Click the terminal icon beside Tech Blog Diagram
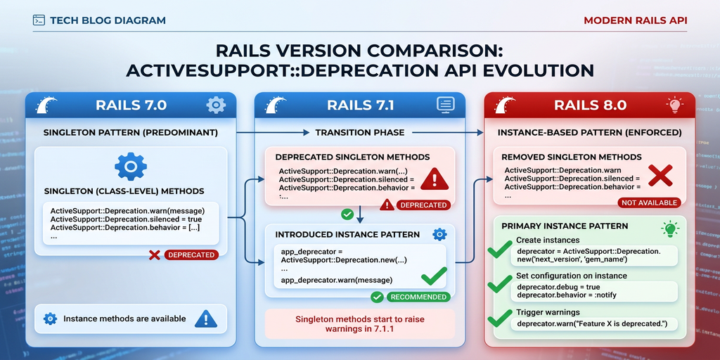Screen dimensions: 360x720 39,20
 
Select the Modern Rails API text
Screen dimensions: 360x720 635,20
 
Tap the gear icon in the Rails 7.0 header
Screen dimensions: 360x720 215,105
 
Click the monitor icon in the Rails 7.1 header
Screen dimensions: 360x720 445,105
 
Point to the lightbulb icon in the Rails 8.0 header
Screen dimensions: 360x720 674,105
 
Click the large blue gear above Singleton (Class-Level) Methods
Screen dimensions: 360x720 130,167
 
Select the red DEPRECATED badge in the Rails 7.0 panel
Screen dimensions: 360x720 191,255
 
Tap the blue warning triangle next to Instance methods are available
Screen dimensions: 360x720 205,319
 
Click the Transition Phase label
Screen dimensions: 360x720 359,132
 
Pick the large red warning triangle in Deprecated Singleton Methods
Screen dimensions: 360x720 434,179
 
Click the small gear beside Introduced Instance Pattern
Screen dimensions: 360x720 439,234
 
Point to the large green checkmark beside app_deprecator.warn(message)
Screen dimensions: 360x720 434,276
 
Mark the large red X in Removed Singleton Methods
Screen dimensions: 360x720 661,175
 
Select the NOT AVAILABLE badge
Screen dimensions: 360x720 650,202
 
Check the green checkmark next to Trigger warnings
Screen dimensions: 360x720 500,319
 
